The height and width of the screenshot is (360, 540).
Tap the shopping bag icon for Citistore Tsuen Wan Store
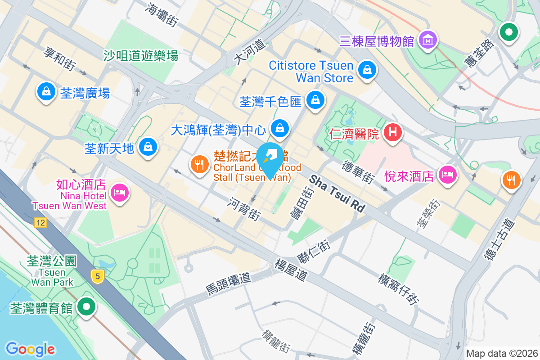[367, 70]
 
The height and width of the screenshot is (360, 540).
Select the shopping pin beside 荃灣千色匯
[316, 100]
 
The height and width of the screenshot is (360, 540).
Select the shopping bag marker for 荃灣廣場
[46, 91]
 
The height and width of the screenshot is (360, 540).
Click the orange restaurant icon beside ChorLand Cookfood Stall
[199, 164]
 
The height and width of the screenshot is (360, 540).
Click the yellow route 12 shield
[41, 223]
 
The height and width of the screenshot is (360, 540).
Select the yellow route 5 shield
[97, 276]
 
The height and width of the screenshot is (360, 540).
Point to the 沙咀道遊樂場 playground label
[141, 55]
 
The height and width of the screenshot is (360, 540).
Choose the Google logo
[30, 349]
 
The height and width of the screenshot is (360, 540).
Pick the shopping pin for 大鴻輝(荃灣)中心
[280, 128]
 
